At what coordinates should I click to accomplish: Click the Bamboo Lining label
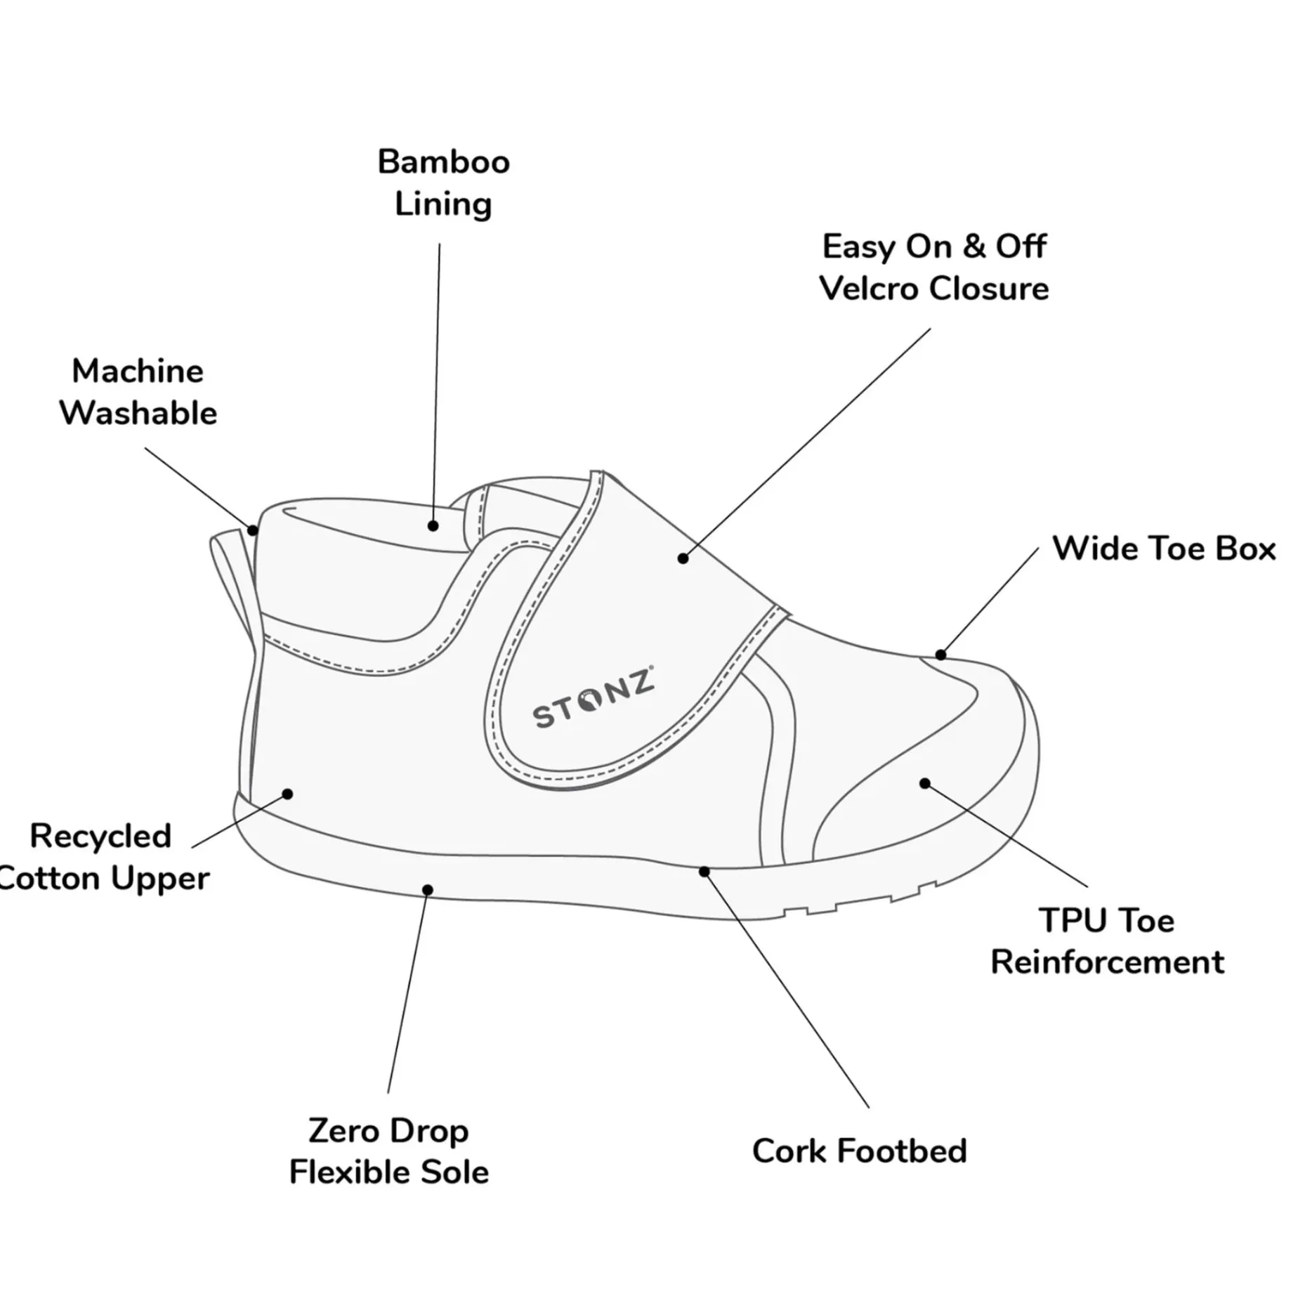(x=443, y=183)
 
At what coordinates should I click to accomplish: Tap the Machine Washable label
(x=138, y=392)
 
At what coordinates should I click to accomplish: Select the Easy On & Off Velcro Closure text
(x=933, y=268)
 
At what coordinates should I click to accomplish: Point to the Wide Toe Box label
(x=1163, y=549)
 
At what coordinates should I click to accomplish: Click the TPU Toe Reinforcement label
(x=1107, y=940)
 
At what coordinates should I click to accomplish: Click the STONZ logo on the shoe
(x=594, y=696)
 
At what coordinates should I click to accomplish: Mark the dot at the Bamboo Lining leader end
(x=433, y=526)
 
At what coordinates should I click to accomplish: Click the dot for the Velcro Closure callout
(x=683, y=558)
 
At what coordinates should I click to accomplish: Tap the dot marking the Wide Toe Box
(x=940, y=655)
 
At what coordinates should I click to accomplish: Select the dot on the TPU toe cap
(x=925, y=783)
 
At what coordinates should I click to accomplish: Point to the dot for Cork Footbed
(x=704, y=872)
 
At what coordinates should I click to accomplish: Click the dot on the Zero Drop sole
(x=427, y=890)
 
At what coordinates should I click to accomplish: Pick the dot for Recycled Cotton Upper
(x=287, y=794)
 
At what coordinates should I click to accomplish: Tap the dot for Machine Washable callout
(x=253, y=530)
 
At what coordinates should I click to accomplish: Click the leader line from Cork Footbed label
(x=787, y=990)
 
